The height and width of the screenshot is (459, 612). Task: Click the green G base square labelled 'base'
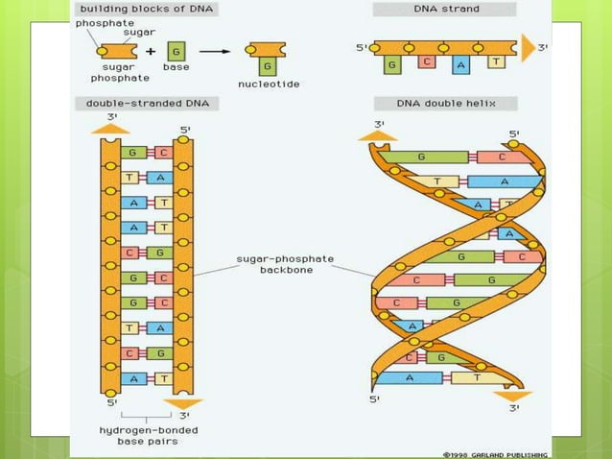[x=177, y=52]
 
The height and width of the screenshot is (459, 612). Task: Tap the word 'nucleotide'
[x=269, y=85]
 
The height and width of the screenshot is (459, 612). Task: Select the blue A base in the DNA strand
[x=461, y=65]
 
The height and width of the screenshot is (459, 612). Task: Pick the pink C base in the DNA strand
[x=427, y=61]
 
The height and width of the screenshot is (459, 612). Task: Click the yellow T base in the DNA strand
[x=495, y=61]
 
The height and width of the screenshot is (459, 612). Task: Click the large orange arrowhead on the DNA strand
[x=528, y=46]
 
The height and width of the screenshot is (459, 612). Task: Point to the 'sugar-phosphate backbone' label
[x=285, y=264]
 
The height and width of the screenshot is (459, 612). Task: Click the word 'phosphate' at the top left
[x=105, y=22]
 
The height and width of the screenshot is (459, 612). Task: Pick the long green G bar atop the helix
[x=422, y=157]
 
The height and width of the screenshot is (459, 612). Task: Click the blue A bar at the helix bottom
[x=410, y=377]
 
